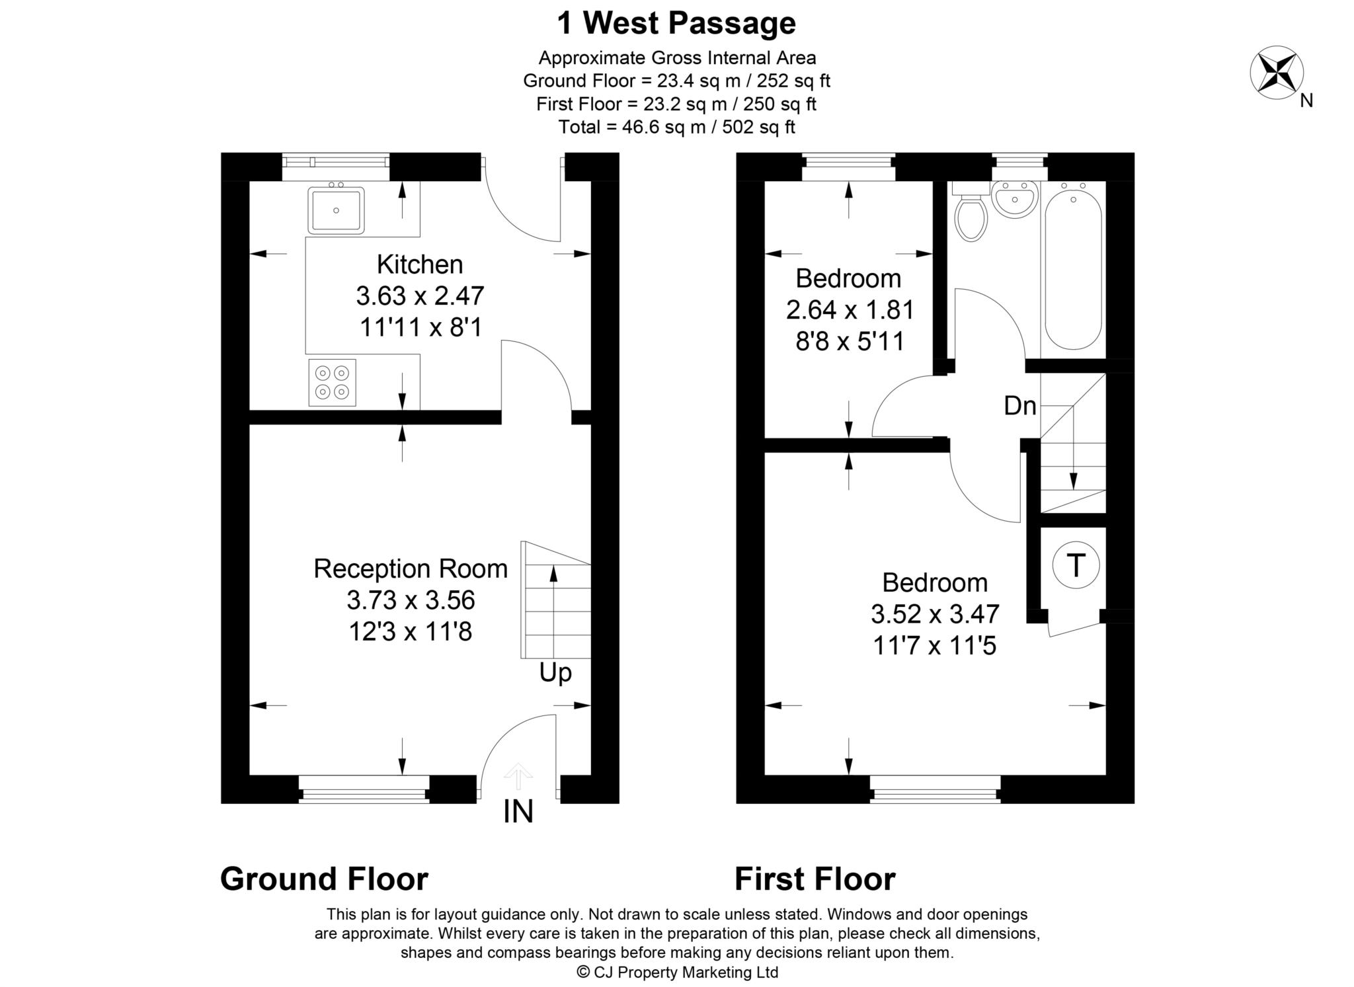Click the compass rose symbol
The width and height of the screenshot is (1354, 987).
click(x=1277, y=73)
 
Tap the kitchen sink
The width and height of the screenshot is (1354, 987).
click(x=336, y=210)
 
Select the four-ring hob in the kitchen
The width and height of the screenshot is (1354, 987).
click(x=332, y=382)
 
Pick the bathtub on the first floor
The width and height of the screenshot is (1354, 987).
click(x=1073, y=265)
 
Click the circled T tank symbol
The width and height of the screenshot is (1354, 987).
click(x=1076, y=566)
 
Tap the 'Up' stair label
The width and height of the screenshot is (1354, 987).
click(x=555, y=674)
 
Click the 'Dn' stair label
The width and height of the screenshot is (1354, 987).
click(x=1019, y=406)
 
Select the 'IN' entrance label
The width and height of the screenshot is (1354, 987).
click(x=518, y=812)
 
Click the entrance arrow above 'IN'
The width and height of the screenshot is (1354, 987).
click(x=518, y=777)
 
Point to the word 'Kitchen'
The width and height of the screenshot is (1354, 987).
click(x=420, y=264)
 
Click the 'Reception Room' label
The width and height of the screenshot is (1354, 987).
click(x=411, y=569)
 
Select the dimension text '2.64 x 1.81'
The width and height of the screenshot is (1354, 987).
click(x=850, y=310)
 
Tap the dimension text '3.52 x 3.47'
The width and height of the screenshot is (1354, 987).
click(x=935, y=615)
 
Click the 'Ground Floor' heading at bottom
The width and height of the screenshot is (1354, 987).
click(x=324, y=879)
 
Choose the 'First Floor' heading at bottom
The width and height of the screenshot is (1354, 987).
click(x=815, y=879)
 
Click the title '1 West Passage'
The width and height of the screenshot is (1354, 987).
click(x=676, y=23)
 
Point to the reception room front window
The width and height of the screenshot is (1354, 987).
click(x=364, y=789)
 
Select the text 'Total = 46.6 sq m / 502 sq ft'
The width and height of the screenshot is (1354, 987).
click(x=676, y=127)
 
